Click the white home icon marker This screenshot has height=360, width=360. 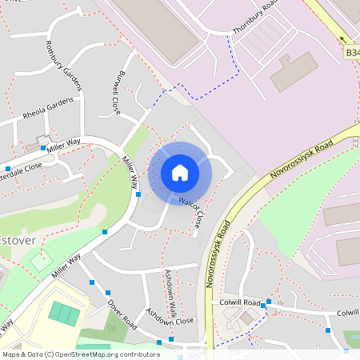[179, 173]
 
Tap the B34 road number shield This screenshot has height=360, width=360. [353, 53]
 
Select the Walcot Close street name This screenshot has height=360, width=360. [193, 209]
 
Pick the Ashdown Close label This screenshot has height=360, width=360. [170, 319]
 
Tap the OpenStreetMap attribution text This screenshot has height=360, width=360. [81, 354]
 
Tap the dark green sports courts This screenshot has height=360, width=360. [64, 313]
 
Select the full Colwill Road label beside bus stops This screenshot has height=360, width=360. [241, 303]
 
